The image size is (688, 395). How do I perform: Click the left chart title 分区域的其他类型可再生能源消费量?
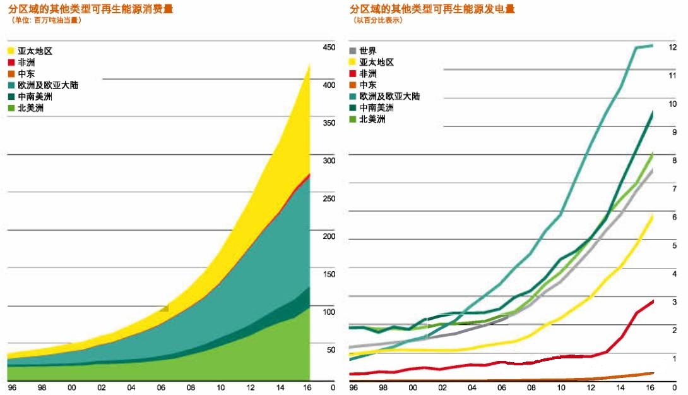point(91,9)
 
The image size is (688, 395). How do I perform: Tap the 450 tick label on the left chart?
point(329,47)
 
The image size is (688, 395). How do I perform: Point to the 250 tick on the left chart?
point(329,198)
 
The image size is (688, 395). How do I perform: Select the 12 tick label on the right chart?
point(673,47)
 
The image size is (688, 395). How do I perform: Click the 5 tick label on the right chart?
point(674,245)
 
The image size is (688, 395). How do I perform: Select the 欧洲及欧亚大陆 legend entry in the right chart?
point(389,96)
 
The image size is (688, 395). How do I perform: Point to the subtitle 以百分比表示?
point(379,20)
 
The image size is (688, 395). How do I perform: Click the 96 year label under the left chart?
point(11,387)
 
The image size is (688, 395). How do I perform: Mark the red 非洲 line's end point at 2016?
point(653,301)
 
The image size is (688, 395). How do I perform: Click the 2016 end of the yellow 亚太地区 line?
point(653,216)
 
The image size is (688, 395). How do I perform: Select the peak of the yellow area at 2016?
point(309,63)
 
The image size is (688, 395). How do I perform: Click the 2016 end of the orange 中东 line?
point(653,373)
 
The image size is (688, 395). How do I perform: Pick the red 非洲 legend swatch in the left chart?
point(11,63)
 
